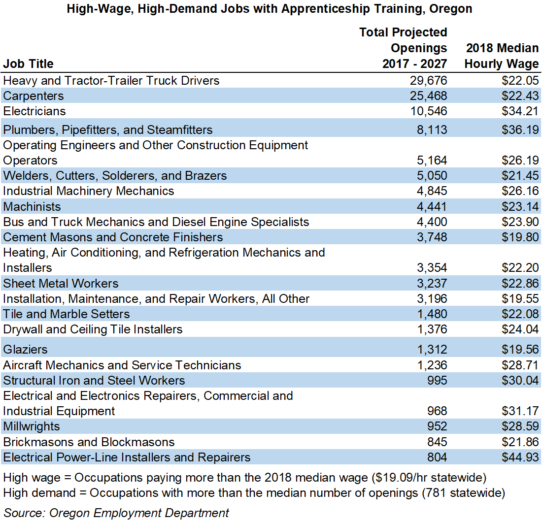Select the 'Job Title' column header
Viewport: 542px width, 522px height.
coord(29,64)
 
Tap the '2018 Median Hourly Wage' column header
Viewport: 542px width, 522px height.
coord(502,56)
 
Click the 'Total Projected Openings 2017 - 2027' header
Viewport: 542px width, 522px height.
coord(403,48)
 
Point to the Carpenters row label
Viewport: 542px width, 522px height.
coord(34,96)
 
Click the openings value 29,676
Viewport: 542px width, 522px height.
coord(428,80)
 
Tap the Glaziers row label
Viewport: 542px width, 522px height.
coord(25,349)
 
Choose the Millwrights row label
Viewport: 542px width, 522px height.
coord(32,426)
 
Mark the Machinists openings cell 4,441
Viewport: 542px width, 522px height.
coord(431,206)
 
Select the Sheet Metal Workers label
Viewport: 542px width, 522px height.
coord(61,283)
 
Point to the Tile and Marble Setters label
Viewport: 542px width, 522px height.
coord(67,314)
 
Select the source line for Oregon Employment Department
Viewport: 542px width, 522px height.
coord(116,513)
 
